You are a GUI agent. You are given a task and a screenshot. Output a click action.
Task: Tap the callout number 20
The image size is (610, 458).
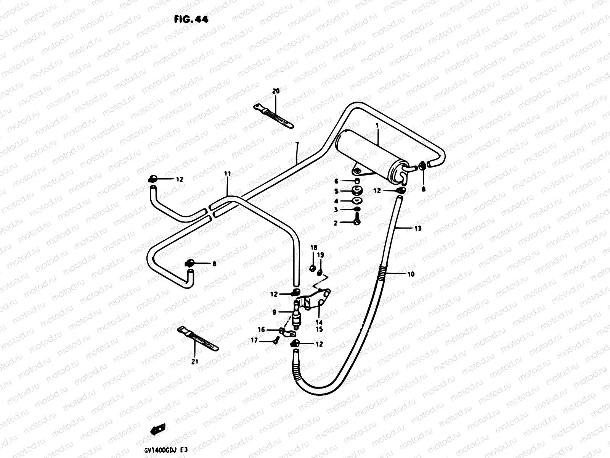tap(276, 91)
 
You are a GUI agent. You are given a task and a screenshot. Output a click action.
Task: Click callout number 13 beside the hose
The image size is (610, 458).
tap(418, 229)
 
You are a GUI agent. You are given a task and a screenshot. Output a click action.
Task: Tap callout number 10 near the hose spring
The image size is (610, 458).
tap(411, 274)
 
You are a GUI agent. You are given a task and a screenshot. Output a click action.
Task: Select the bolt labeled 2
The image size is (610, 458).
tap(356, 221)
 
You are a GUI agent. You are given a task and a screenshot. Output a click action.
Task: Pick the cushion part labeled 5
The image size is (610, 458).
tap(356, 190)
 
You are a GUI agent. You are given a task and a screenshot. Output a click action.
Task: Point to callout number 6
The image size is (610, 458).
tap(336, 181)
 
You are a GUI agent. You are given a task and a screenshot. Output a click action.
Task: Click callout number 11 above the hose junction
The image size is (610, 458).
tap(228, 174)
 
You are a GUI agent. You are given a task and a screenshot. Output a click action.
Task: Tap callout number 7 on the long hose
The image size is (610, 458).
tap(297, 145)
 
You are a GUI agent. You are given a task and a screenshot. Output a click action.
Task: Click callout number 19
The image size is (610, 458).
tap(320, 255)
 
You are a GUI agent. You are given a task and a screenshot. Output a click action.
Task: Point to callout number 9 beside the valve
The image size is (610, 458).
tap(274, 312)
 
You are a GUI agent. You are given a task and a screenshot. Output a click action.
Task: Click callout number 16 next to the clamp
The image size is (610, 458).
tap(261, 330)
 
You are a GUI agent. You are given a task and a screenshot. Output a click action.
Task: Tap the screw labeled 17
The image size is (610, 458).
tap(276, 339)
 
